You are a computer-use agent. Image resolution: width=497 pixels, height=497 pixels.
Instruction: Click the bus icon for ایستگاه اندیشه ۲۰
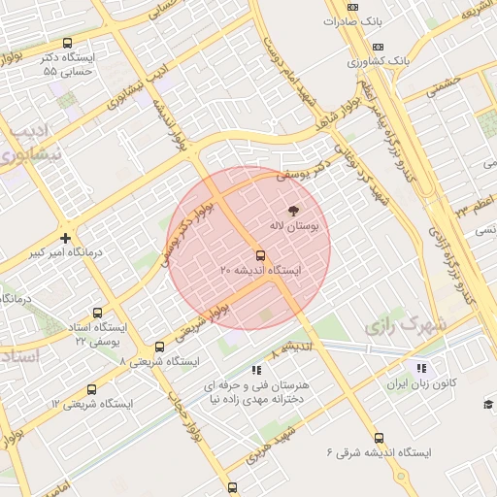[258, 255]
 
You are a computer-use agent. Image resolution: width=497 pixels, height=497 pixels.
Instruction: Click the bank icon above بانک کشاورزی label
[378, 47]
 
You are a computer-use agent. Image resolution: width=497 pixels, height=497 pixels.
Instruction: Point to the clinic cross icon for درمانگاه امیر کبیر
[65, 238]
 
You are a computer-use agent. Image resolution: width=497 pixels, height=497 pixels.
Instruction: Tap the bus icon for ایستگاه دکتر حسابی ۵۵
[67, 43]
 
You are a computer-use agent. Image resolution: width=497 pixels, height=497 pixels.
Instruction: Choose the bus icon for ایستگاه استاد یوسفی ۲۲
[97, 313]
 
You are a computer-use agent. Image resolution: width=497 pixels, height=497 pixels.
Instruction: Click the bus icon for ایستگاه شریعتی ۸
[160, 347]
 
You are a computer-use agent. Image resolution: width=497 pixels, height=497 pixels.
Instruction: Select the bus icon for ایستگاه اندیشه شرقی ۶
[379, 438]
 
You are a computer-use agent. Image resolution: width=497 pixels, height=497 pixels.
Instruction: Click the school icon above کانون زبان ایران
[420, 368]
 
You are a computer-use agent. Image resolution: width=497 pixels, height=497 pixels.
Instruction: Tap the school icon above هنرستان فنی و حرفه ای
[256, 370]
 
